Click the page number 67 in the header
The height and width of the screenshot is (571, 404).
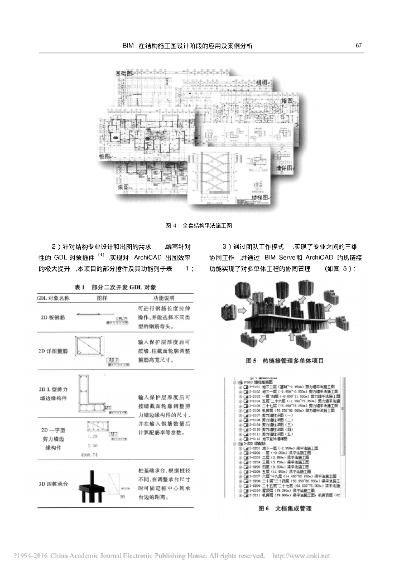click(x=359, y=45)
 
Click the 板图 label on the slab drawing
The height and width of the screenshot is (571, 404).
click(x=105, y=156)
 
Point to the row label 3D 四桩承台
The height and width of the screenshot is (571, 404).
click(x=54, y=483)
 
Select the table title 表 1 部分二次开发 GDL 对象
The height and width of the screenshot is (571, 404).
click(x=116, y=287)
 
